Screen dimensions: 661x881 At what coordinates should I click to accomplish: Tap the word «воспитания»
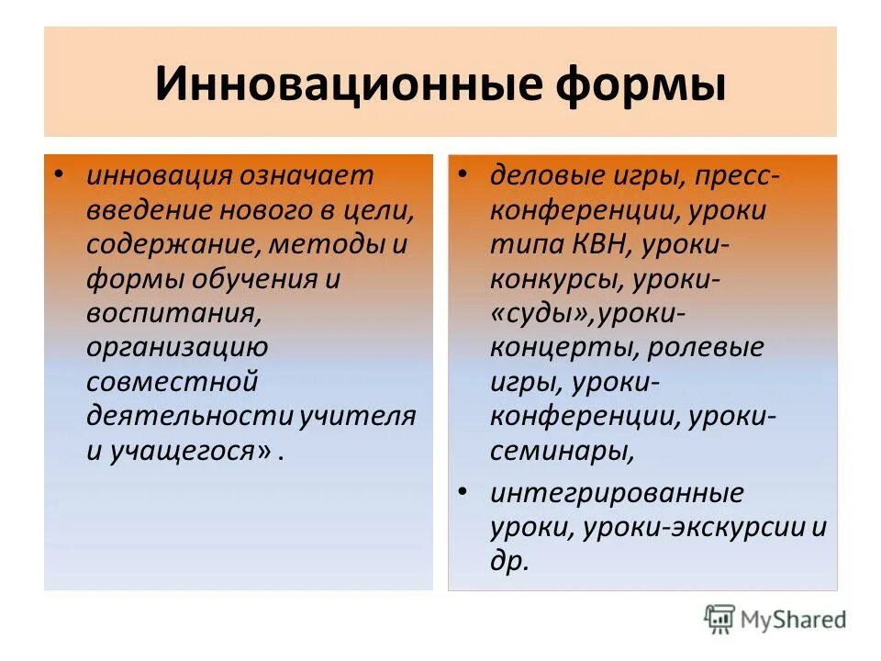[x=170, y=313]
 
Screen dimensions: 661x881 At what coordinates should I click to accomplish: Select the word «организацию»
[x=177, y=348]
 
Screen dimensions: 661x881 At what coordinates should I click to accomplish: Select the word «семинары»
[x=560, y=451]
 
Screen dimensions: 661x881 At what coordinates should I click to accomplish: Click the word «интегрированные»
[x=617, y=493]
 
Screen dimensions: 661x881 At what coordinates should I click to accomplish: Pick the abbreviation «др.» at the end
[x=510, y=561]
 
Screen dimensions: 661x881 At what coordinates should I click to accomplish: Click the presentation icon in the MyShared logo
[x=720, y=619]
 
